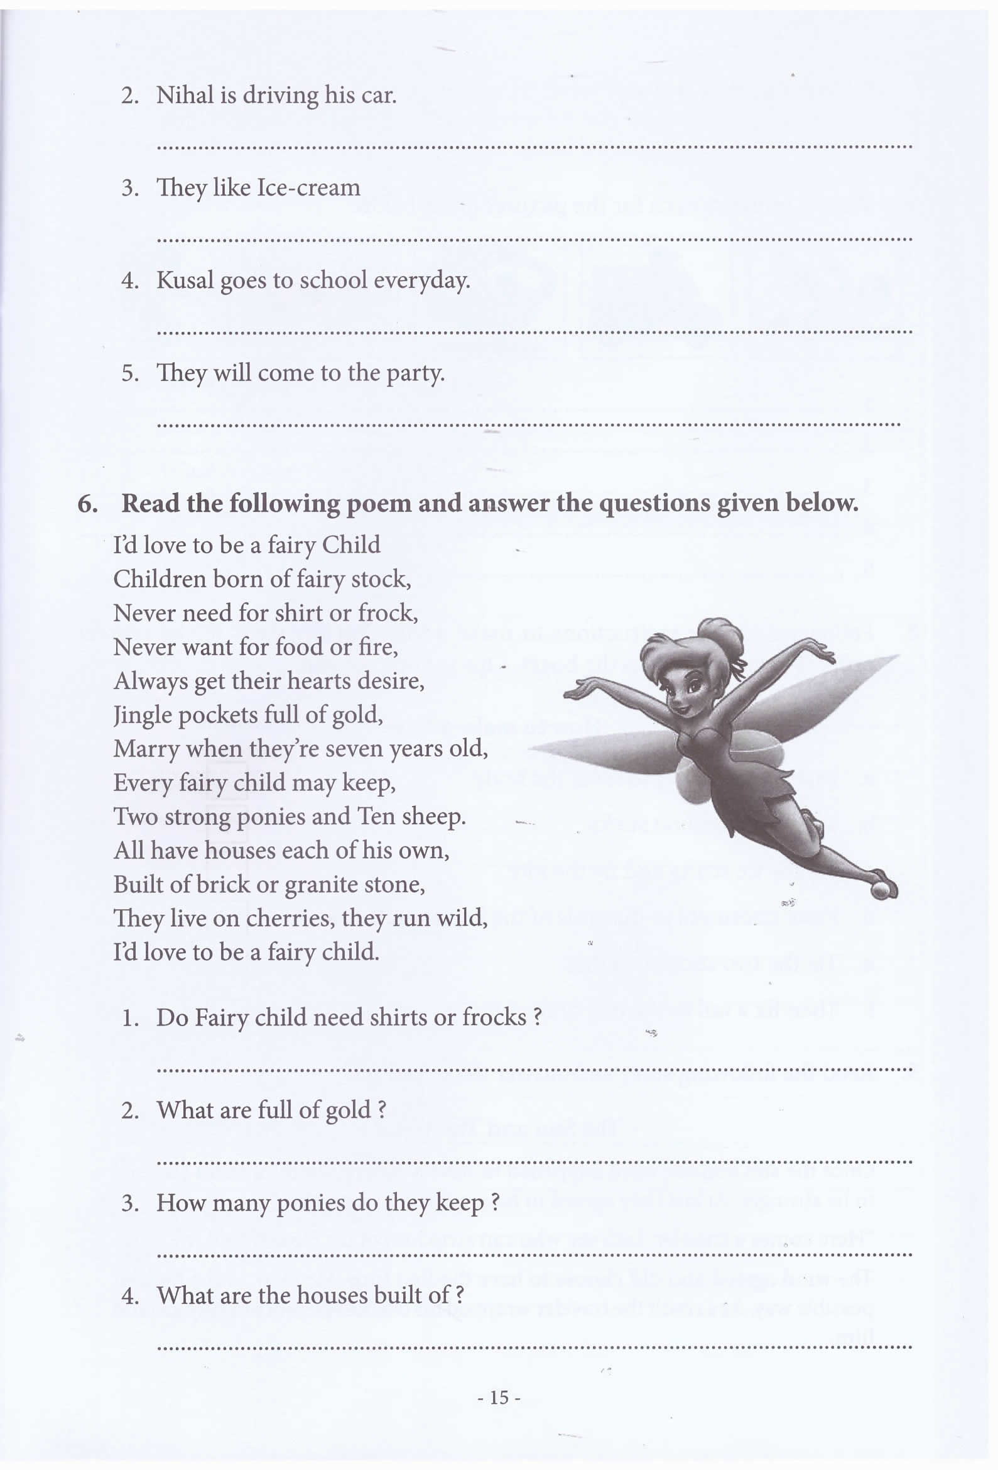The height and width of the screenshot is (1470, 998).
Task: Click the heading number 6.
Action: tap(87, 504)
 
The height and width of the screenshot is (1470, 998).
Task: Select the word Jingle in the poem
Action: tap(141, 716)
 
